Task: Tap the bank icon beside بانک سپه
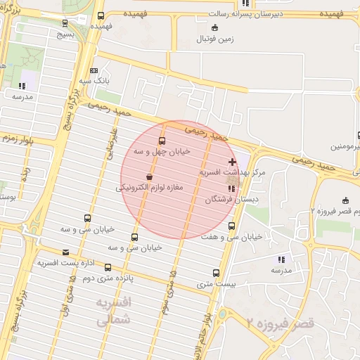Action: click(94, 70)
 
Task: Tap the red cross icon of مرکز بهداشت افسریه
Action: click(233, 162)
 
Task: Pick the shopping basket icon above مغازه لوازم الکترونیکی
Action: click(149, 177)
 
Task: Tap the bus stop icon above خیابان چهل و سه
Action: click(162, 141)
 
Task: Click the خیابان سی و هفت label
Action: click(231, 236)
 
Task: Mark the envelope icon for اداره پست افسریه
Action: click(66, 252)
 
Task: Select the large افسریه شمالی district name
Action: click(112, 311)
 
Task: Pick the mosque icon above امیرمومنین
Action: click(345, 136)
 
